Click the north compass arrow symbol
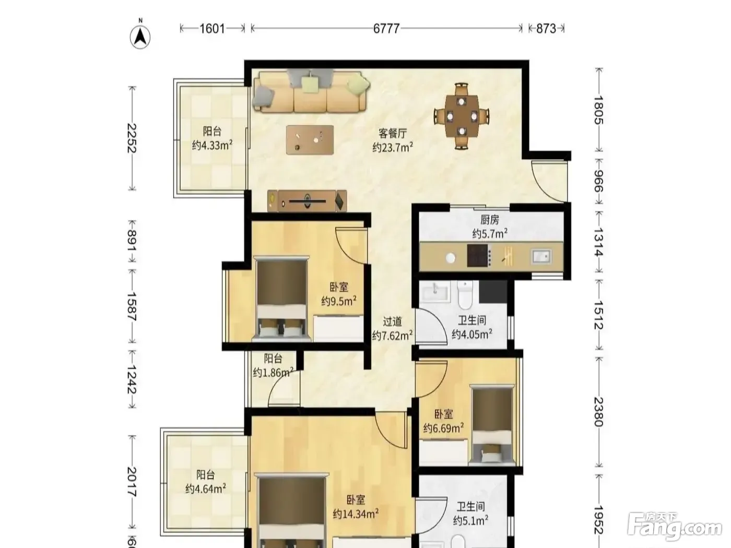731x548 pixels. pyautogui.click(x=140, y=36)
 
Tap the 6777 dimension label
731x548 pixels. pyautogui.click(x=386, y=29)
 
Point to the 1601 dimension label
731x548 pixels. pyautogui.click(x=212, y=29)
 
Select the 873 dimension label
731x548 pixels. pyautogui.click(x=546, y=29)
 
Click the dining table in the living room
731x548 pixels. pyautogui.click(x=462, y=116)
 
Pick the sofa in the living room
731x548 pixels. pyautogui.click(x=311, y=90)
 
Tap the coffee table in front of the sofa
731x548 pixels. pyautogui.click(x=310, y=140)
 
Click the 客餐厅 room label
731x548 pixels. pyautogui.click(x=393, y=134)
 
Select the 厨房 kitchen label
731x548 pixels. pyautogui.click(x=490, y=220)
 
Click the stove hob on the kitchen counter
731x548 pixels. pyautogui.click(x=479, y=256)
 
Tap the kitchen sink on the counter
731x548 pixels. pyautogui.click(x=541, y=257)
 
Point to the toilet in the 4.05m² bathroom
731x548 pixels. pyautogui.click(x=465, y=295)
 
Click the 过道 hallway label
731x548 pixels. pyautogui.click(x=392, y=321)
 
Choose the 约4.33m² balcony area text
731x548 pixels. pyautogui.click(x=212, y=145)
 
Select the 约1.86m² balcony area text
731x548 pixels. pyautogui.click(x=273, y=372)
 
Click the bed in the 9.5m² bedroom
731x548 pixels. pyautogui.click(x=281, y=299)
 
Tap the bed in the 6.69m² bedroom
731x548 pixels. pyautogui.click(x=492, y=425)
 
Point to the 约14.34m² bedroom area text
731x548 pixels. pyautogui.click(x=356, y=514)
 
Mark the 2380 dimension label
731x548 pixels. pyautogui.click(x=598, y=412)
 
